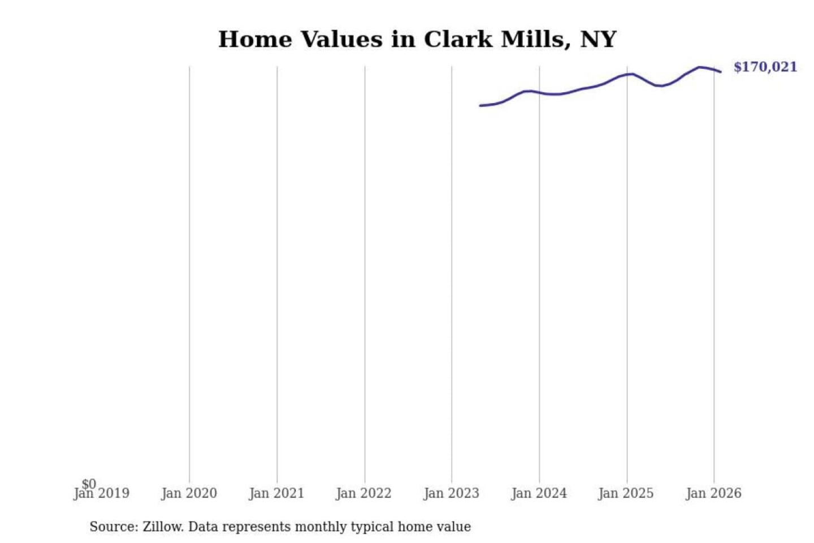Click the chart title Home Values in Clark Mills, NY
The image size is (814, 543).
pyautogui.click(x=417, y=40)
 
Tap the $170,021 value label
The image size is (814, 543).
pyautogui.click(x=765, y=67)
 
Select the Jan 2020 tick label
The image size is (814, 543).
pyautogui.click(x=189, y=493)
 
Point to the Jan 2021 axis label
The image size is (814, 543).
pyautogui.click(x=276, y=493)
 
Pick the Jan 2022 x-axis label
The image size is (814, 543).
pyautogui.click(x=363, y=493)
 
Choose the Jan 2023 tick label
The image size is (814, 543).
pyautogui.click(x=451, y=493)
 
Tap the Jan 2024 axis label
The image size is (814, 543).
pyautogui.click(x=539, y=493)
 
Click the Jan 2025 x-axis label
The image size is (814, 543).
pyautogui.click(x=626, y=493)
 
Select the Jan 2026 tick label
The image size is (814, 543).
pyautogui.click(x=713, y=493)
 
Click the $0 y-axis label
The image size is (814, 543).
pyautogui.click(x=89, y=484)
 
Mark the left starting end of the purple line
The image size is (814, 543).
pyautogui.click(x=480, y=106)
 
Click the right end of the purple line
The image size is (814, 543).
pyautogui.click(x=720, y=72)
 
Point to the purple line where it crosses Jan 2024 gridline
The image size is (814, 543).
pyautogui.click(x=539, y=92)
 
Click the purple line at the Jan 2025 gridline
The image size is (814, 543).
pyautogui.click(x=627, y=74)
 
